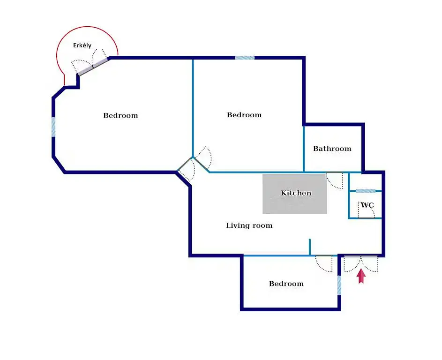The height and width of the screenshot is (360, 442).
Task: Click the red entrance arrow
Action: point(361,276)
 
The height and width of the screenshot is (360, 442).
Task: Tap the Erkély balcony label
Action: point(82,45)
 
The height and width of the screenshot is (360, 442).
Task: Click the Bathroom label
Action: point(332,149)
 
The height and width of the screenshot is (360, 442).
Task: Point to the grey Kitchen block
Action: point(295,193)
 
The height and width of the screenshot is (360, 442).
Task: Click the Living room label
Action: point(249,225)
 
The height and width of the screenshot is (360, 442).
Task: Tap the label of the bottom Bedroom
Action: point(286,284)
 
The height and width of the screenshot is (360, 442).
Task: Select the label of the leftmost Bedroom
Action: point(120,115)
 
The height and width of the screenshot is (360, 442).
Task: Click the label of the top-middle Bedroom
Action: point(244,115)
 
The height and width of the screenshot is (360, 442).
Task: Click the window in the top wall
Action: point(245,58)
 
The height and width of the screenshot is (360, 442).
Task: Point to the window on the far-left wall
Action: point(53,127)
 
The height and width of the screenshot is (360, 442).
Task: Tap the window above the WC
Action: point(366,191)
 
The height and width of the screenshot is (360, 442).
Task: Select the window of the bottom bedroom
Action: point(339,285)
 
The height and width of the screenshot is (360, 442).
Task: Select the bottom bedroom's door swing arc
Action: point(324,264)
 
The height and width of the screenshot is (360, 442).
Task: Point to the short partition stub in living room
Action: point(309,247)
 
